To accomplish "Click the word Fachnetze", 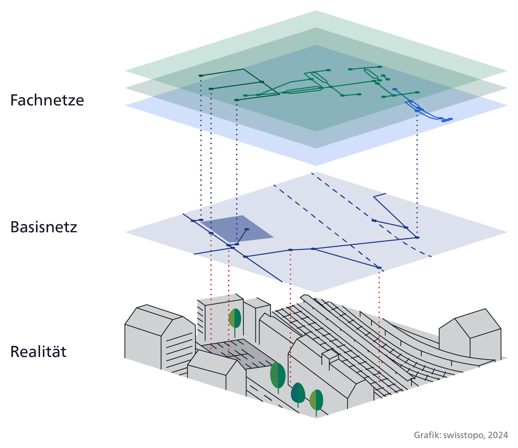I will (x=47, y=100).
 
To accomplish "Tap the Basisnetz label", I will (x=44, y=227).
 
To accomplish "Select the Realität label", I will (x=38, y=352).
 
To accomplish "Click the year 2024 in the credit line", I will (x=498, y=435).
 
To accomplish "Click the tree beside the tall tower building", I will (x=235, y=319).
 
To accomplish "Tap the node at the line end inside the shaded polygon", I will (x=247, y=229).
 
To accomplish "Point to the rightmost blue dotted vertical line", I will (x=417, y=173).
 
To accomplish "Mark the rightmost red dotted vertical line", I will (x=379, y=332).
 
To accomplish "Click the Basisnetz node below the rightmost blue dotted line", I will (x=417, y=237).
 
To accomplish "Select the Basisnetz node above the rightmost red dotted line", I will (x=379, y=268).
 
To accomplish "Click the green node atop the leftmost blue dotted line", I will (x=201, y=75).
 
